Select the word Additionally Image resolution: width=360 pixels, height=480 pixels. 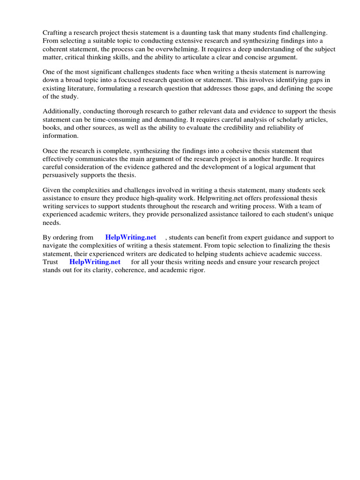pos(63,111)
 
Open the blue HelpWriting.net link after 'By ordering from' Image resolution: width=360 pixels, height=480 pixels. pos(131,238)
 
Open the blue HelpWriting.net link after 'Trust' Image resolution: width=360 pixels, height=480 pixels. pos(95,262)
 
